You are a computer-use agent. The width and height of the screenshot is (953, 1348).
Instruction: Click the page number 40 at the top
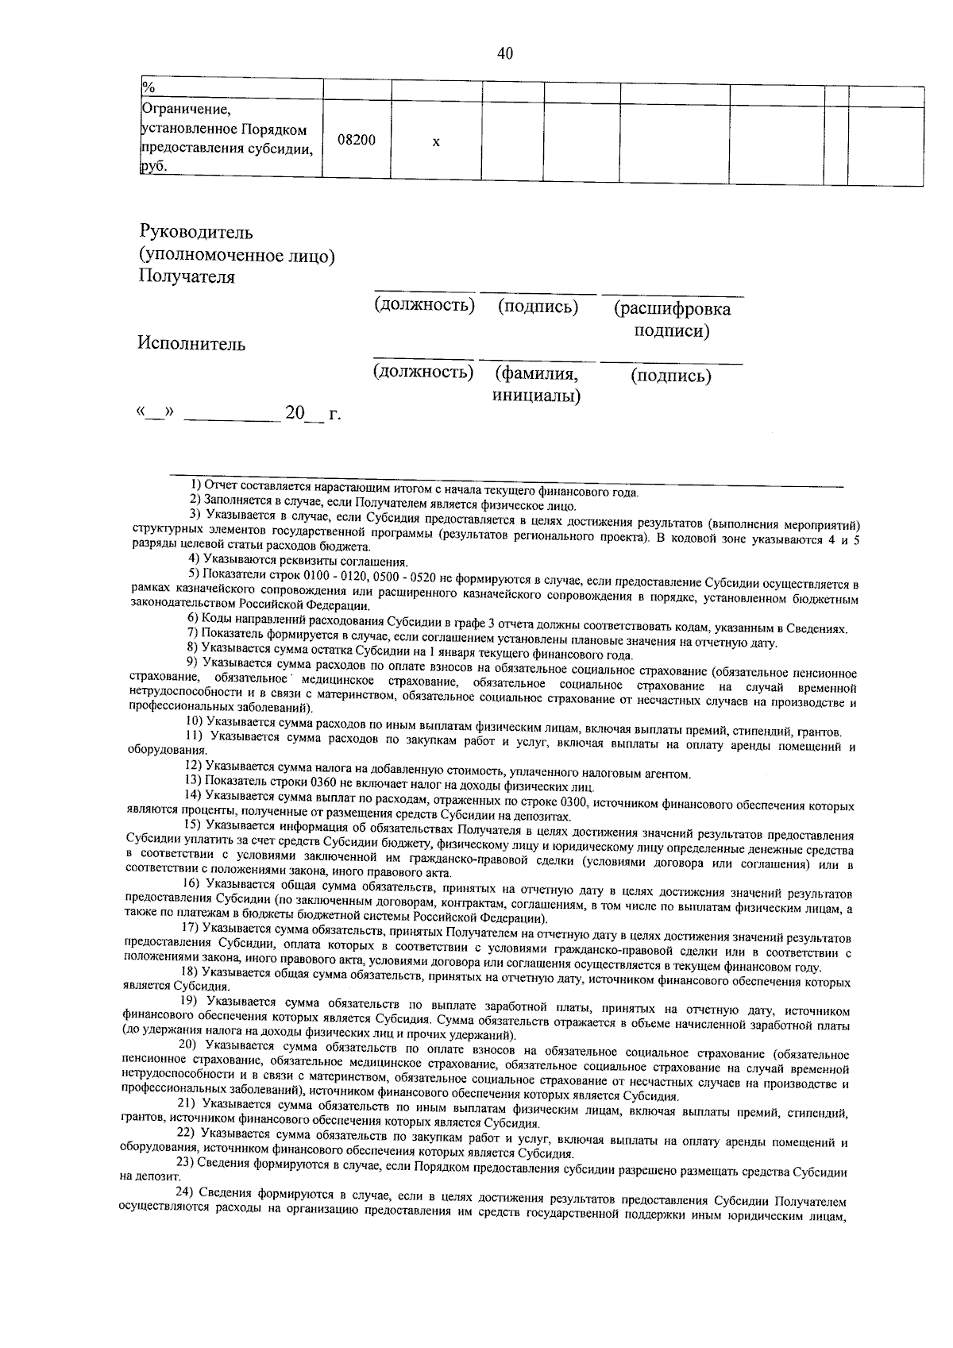click(x=505, y=54)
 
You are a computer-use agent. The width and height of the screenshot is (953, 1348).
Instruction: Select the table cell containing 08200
click(x=357, y=140)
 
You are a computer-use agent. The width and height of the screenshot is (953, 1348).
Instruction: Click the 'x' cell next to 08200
click(x=436, y=142)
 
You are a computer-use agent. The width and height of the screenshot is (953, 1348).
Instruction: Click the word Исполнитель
click(x=191, y=343)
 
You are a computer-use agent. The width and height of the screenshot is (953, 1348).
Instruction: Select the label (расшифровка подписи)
click(x=672, y=319)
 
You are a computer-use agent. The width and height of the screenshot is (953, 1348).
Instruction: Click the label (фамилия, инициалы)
click(x=535, y=384)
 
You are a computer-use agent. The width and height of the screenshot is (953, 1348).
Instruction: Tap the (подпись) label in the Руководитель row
click(x=538, y=307)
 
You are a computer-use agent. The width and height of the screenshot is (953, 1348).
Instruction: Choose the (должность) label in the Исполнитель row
click(x=423, y=372)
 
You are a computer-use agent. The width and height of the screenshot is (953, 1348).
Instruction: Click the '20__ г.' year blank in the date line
click(x=313, y=413)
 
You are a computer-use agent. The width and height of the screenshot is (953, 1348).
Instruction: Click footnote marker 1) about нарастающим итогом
click(x=195, y=484)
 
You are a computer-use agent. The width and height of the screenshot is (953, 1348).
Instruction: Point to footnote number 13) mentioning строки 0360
click(x=193, y=787)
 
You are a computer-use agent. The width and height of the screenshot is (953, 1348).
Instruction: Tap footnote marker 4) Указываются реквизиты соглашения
click(x=193, y=561)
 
